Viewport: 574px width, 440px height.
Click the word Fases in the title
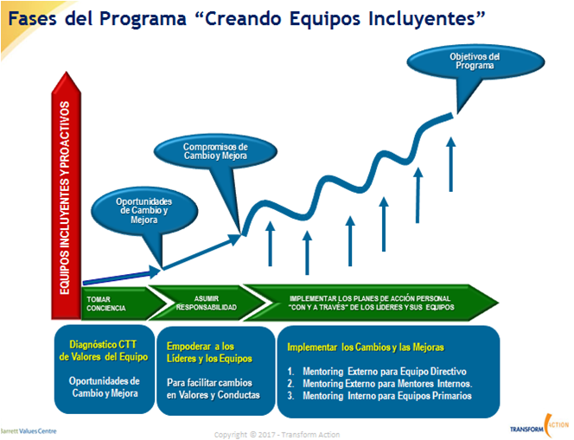pyautogui.click(x=32, y=18)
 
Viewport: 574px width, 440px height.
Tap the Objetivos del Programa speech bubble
pyautogui.click(x=475, y=61)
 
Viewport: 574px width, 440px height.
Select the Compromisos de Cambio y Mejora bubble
pyautogui.click(x=215, y=151)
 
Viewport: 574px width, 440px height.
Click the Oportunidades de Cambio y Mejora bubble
pyautogui.click(x=144, y=210)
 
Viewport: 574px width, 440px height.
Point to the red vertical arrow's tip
pyautogui.click(x=67, y=72)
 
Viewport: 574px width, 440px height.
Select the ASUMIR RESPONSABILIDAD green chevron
pyautogui.click(x=207, y=303)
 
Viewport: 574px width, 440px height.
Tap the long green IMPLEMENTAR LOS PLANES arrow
pyautogui.click(x=371, y=303)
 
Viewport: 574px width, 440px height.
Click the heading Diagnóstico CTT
pyautogui.click(x=103, y=344)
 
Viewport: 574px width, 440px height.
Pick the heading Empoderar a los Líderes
pyautogui.click(x=209, y=352)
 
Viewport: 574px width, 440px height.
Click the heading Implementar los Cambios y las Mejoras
pyautogui.click(x=366, y=347)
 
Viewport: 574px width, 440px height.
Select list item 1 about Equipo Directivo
pyautogui.click(x=377, y=372)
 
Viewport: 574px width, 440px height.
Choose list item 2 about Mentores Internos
pyautogui.click(x=380, y=384)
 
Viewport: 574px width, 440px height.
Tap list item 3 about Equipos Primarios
pyautogui.click(x=379, y=396)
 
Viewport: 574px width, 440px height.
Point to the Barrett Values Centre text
pyautogui.click(x=29, y=430)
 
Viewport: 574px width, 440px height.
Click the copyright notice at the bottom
pyautogui.click(x=277, y=435)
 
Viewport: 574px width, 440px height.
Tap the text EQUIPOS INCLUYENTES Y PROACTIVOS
pyautogui.click(x=65, y=198)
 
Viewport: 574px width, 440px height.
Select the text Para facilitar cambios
pyautogui.click(x=209, y=383)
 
